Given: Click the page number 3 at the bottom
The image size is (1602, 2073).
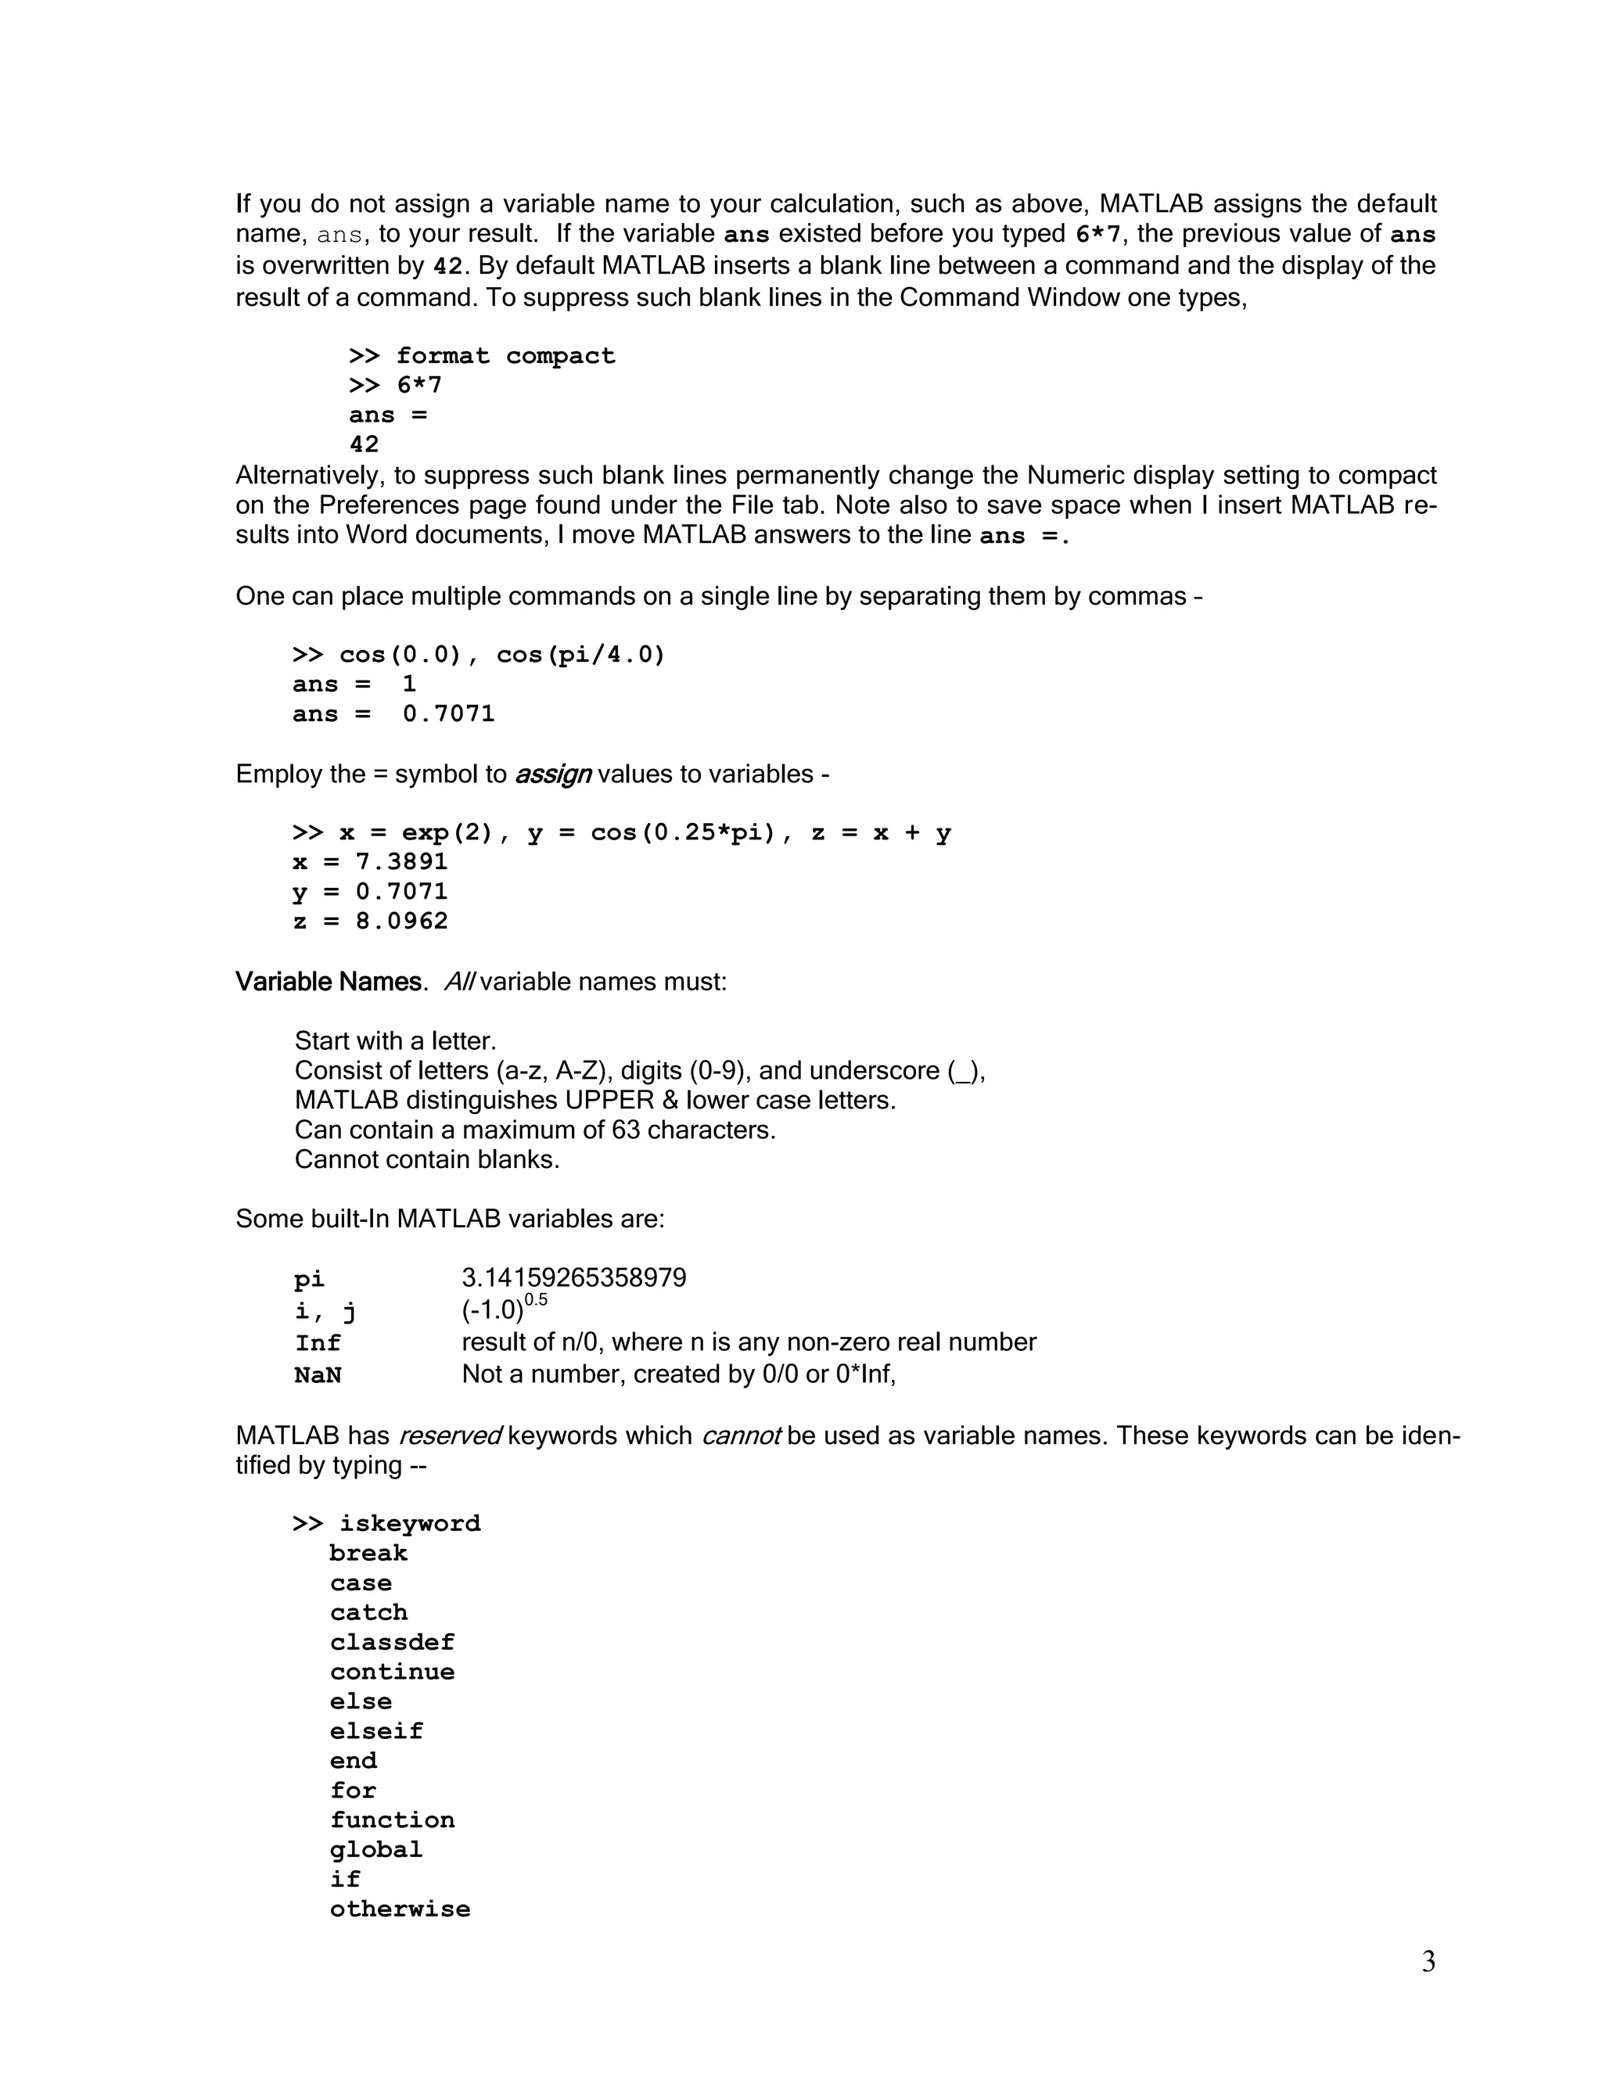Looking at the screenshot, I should [x=1428, y=1962].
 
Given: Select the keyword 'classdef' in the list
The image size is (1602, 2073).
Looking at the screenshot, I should [x=392, y=1642].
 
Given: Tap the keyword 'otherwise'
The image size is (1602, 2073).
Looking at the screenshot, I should [x=400, y=1909].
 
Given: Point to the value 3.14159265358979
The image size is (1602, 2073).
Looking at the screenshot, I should [x=573, y=1278].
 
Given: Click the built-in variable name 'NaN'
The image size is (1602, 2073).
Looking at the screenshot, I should [x=317, y=1375].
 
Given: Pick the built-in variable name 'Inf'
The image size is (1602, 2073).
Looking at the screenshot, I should [x=317, y=1343].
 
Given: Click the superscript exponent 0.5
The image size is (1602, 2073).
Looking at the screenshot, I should [x=535, y=1300].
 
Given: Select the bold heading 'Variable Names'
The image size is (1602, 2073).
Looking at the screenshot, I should [x=328, y=982].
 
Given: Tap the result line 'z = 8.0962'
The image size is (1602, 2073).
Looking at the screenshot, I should [x=370, y=922].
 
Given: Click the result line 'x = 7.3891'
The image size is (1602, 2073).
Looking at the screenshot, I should [x=370, y=862].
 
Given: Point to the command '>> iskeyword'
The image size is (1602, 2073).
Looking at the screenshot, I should [x=386, y=1523].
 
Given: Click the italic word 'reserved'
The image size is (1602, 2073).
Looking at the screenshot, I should [x=449, y=1435].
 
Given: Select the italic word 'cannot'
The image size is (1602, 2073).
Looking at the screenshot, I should [x=740, y=1435].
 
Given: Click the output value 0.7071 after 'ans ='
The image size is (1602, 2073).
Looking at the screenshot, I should [x=448, y=713].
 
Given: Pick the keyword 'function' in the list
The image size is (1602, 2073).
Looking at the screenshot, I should [x=392, y=1820].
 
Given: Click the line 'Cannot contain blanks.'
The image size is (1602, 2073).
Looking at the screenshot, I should [x=427, y=1160].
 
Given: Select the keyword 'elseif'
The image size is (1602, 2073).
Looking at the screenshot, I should [x=375, y=1731].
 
